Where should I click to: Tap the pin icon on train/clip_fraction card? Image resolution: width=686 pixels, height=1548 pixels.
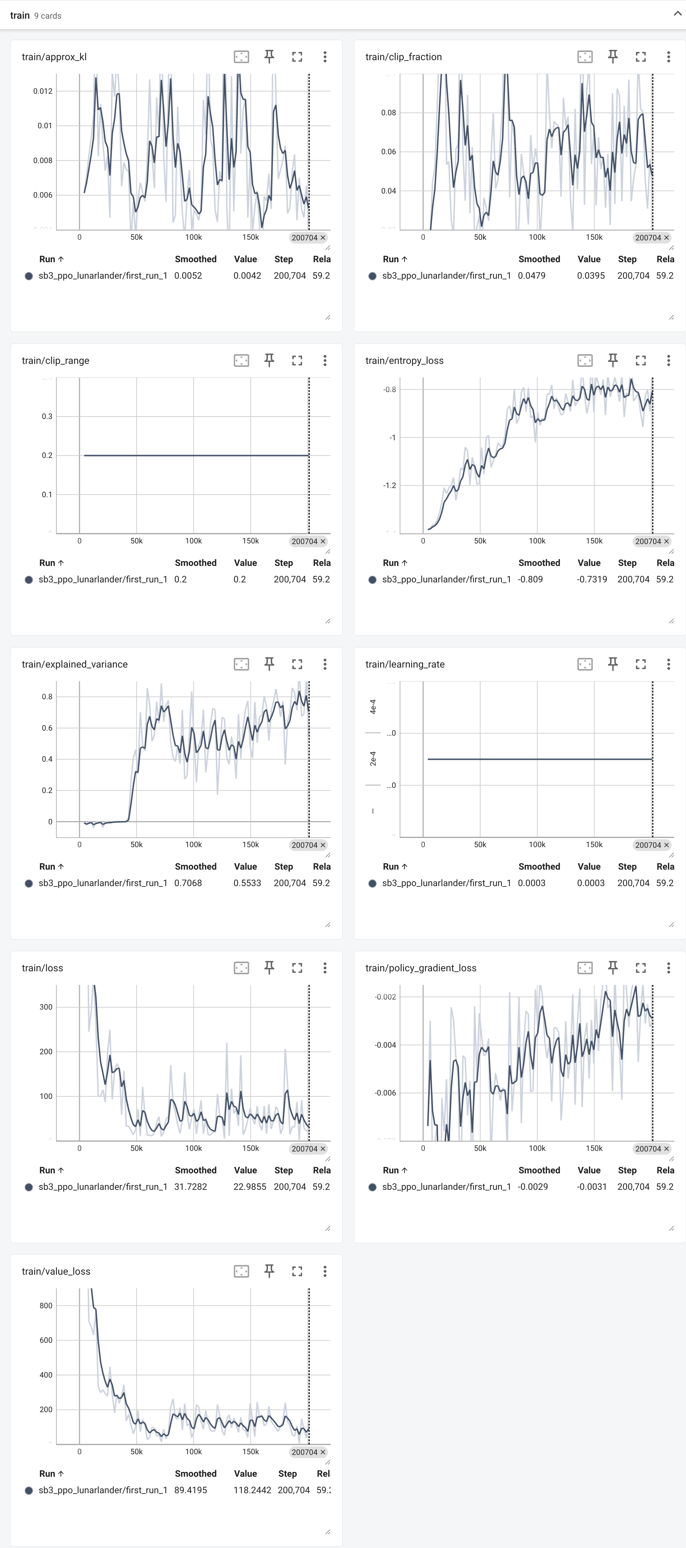pos(613,56)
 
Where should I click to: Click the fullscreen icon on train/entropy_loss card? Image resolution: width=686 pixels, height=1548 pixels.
pos(640,361)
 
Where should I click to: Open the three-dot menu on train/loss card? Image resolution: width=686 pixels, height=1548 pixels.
pos(325,967)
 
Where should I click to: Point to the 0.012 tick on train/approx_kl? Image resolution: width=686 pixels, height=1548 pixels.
pos(43,91)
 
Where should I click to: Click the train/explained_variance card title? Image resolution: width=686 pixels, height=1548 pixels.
pos(74,664)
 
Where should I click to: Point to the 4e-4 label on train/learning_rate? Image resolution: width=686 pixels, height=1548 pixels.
pos(373,707)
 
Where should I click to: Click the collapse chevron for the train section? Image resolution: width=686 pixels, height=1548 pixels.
pos(677,14)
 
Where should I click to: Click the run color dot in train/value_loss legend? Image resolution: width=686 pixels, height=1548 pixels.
pos(28,1490)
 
